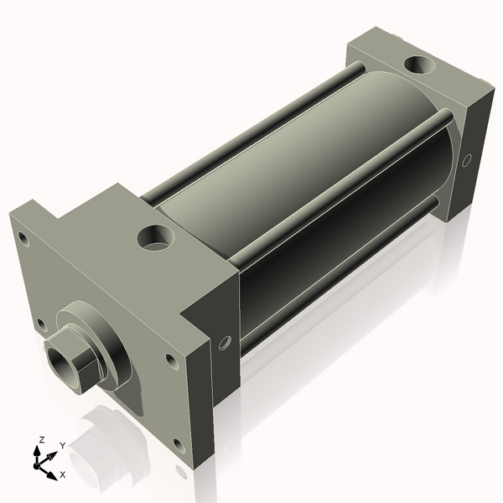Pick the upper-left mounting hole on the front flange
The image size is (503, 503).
23,240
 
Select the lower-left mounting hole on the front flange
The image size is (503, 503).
41,324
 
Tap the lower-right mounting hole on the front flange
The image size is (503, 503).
178,444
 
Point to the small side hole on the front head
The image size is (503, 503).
224,342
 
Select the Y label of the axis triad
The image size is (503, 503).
61,445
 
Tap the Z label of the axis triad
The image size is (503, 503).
42,439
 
